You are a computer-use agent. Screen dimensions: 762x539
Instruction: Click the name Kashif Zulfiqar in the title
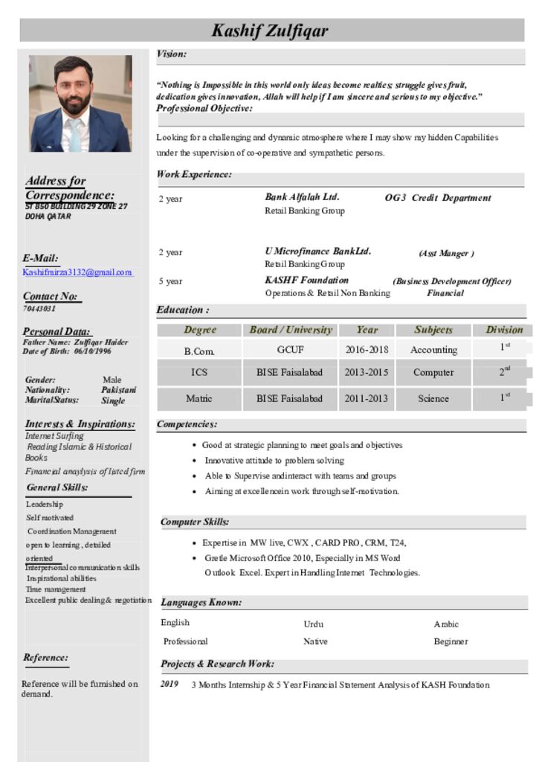click(269, 31)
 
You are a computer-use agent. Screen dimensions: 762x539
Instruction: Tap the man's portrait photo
click(80, 103)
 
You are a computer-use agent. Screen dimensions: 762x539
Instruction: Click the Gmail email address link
click(77, 272)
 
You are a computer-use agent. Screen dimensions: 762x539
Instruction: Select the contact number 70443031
click(39, 308)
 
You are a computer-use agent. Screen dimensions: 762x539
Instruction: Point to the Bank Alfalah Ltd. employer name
click(302, 197)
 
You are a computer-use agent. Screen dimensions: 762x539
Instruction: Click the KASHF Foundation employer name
click(306, 281)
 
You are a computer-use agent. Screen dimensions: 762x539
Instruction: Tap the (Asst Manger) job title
click(446, 254)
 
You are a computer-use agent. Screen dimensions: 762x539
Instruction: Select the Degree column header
click(200, 330)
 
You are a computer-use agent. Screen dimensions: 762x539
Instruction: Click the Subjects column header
click(433, 330)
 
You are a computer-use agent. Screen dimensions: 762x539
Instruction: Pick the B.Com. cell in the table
click(199, 350)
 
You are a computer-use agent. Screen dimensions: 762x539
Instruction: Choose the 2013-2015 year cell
click(367, 372)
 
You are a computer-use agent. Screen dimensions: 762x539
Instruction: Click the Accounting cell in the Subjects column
click(433, 350)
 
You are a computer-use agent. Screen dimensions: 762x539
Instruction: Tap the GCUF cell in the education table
click(290, 350)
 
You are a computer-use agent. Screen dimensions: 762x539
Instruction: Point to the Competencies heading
click(187, 424)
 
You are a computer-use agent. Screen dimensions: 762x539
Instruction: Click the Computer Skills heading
click(195, 522)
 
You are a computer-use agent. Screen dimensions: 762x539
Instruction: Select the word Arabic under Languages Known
click(446, 624)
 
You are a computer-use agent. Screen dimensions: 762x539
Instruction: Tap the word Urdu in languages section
click(313, 624)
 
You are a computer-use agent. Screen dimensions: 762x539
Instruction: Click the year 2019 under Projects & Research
click(170, 685)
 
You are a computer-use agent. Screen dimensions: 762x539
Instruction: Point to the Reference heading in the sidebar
click(45, 658)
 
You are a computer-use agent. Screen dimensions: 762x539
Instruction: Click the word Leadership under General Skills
click(45, 505)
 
